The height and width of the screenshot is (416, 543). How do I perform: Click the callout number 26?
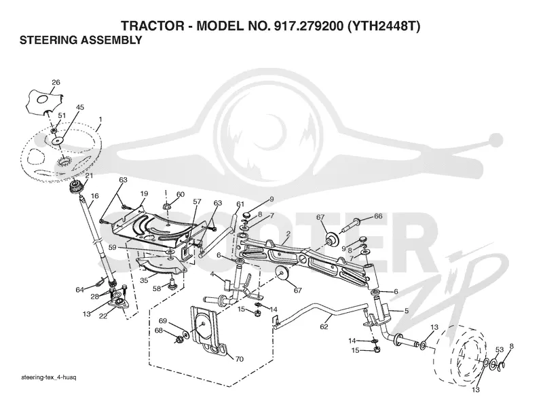click(56, 82)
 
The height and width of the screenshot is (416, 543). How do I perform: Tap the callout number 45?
click(79, 107)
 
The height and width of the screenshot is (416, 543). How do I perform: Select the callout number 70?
click(240, 359)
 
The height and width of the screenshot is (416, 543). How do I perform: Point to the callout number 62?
click(324, 326)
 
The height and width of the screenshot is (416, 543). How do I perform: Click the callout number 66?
click(378, 216)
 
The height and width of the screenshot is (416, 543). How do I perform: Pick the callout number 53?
click(499, 350)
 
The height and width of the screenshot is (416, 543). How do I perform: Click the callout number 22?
click(103, 316)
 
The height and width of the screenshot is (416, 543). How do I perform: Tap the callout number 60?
click(181, 194)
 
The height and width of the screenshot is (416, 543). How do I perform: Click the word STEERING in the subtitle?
click(48, 40)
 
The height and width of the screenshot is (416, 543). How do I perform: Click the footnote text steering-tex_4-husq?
click(48, 377)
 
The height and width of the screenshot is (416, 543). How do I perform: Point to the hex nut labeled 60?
click(166, 207)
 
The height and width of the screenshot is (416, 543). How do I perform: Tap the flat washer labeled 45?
click(58, 141)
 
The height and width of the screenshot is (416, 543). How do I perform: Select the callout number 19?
click(144, 194)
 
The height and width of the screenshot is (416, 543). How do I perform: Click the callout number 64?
click(80, 290)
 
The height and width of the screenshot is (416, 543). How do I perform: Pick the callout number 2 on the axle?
click(288, 233)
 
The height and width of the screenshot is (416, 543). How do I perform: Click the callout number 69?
click(163, 321)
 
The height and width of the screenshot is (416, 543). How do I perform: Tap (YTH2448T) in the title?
click(383, 26)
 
